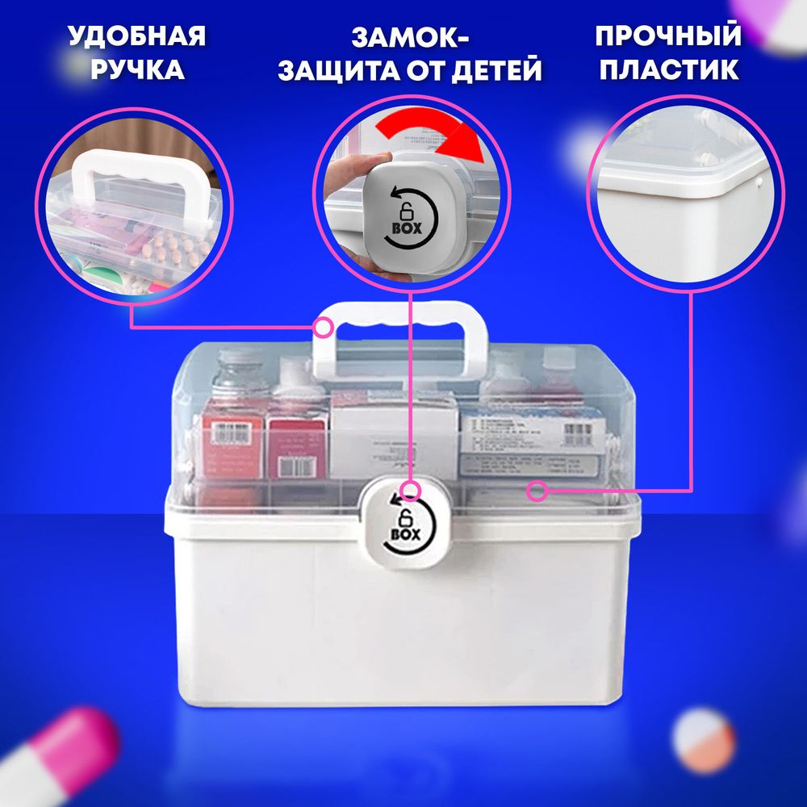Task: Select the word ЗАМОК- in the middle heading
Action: pos(410,37)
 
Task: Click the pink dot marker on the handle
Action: pos(324,328)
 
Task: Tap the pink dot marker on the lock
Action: pos(411,491)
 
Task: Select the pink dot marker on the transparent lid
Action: pos(535,490)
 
